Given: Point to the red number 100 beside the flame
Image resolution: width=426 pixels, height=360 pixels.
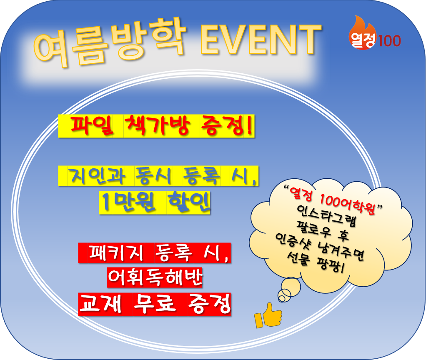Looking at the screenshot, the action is pos(389,41).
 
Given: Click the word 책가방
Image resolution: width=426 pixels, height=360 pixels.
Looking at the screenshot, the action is pos(157,125).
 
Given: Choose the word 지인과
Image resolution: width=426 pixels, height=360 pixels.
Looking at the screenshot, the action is pos(96,176).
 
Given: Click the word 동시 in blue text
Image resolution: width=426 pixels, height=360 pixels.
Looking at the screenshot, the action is pos(153,176).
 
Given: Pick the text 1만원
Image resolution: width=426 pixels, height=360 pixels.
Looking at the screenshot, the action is pos(128,202).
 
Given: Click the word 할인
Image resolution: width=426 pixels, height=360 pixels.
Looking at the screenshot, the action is pos(189,202).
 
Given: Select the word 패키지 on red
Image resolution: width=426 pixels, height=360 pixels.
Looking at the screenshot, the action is pos(116,252).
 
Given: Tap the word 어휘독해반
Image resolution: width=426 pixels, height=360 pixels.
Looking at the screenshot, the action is pos(155,277).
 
